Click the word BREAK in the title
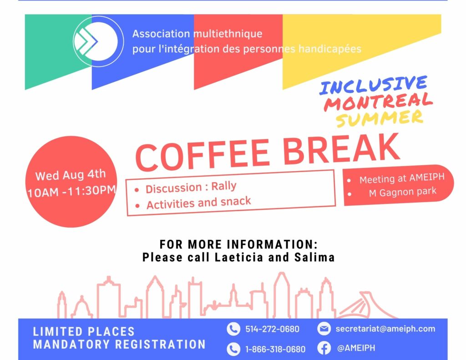point(342,149)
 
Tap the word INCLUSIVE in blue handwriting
point(373,85)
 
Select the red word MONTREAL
point(378,102)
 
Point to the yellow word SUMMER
point(380,118)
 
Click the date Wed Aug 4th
point(71,175)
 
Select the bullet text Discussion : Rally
point(191,188)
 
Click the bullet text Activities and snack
point(198,203)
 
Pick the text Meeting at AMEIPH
point(402,178)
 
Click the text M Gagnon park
point(403,192)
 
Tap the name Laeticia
point(239,257)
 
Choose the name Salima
point(314,257)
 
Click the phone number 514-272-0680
point(272,329)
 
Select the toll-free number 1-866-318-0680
point(275,349)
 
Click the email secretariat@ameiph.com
point(385,329)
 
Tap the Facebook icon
point(324,348)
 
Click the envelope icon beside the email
point(324,329)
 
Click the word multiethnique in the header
point(228,34)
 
